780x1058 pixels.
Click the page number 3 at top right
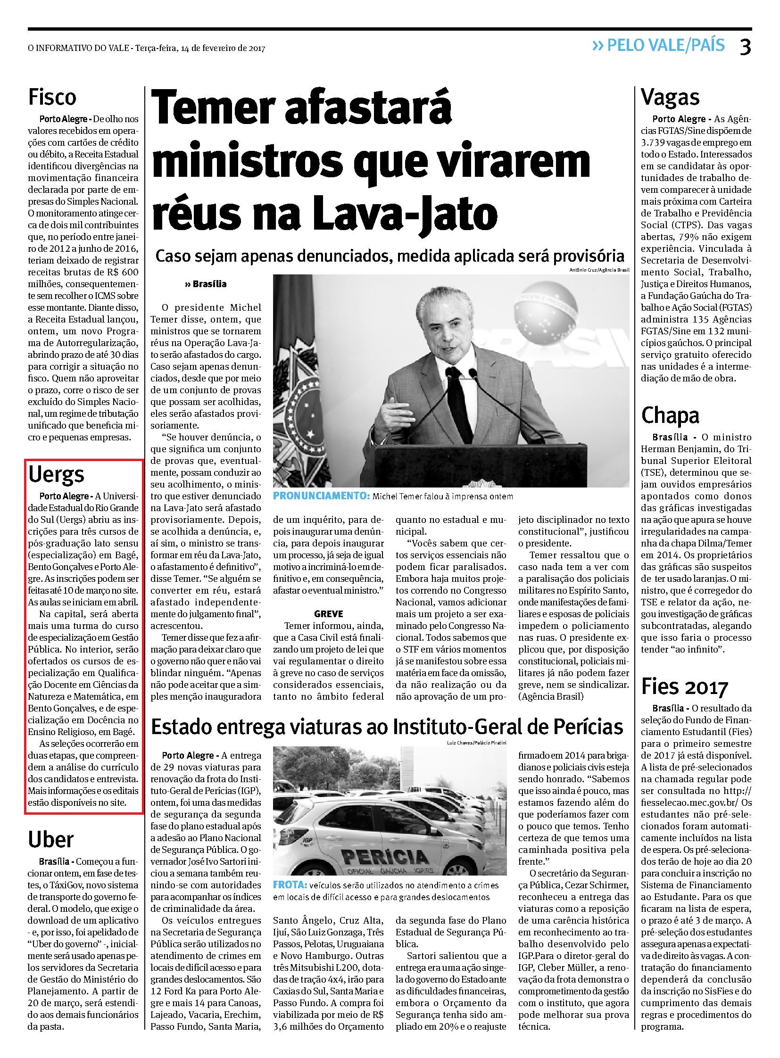click(x=745, y=47)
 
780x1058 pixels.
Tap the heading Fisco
click(x=52, y=97)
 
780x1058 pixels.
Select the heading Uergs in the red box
click(x=57, y=475)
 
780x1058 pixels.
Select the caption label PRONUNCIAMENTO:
click(x=322, y=496)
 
